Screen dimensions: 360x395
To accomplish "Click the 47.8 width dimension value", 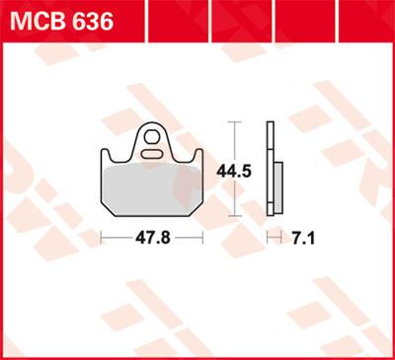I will pos(151,239).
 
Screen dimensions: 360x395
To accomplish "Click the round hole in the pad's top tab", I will pos(152,135).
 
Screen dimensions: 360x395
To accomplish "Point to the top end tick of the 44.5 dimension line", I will pos(234,122).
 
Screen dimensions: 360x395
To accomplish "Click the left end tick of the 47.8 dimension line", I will pos(102,238).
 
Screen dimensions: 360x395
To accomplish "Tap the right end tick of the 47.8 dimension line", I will pos(202,238).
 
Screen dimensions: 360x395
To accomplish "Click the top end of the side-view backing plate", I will pos(269,124).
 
